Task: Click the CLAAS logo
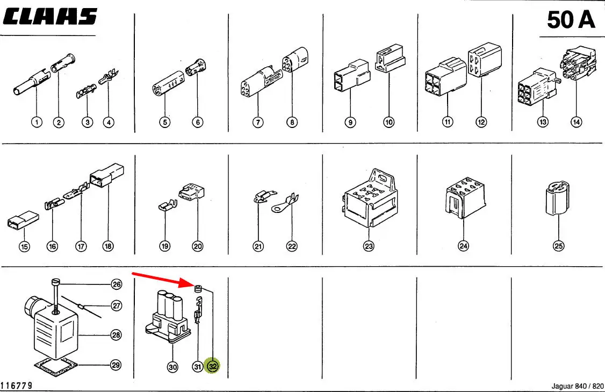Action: tap(50, 17)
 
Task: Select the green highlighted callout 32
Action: tap(213, 367)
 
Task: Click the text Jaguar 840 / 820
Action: tap(578, 386)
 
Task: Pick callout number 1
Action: tap(37, 122)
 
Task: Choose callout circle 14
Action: tap(577, 122)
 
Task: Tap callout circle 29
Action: tap(116, 365)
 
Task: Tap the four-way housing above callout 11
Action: tap(445, 77)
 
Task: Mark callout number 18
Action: tap(109, 246)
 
